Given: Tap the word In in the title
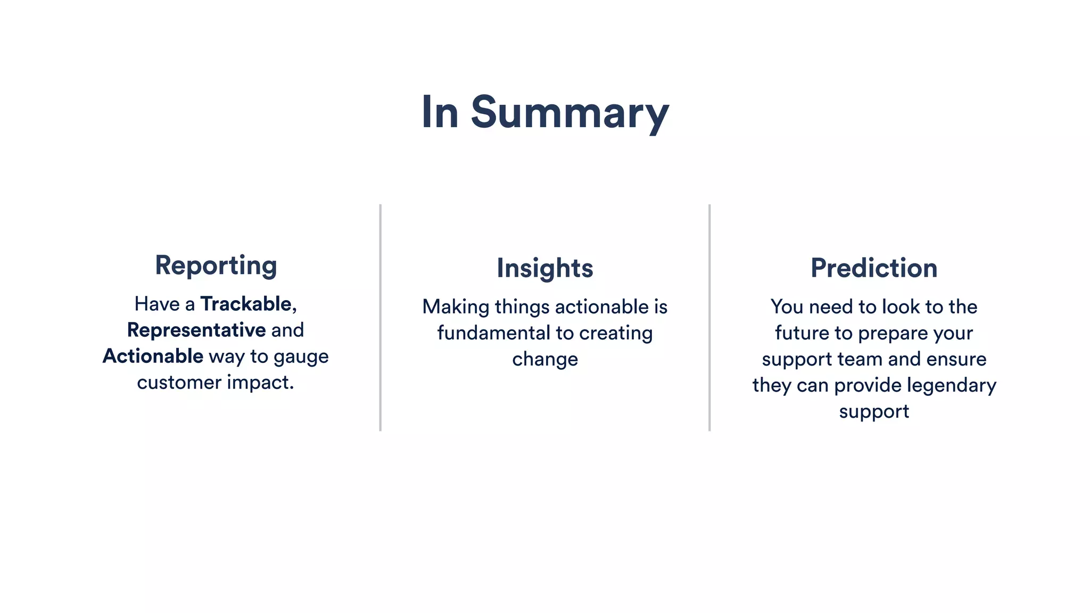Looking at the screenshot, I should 440,113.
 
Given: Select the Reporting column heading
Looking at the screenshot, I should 216,266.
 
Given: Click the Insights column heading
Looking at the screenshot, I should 544,268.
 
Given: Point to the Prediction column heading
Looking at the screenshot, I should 873,268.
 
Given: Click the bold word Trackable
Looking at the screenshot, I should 246,304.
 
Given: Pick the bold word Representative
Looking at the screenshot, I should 196,330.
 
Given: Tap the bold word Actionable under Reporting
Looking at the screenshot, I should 153,356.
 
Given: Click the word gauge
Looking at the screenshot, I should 301,357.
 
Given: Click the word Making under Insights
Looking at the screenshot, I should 456,307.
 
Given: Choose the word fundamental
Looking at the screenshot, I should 493,333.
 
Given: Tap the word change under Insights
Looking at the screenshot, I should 544,360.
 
